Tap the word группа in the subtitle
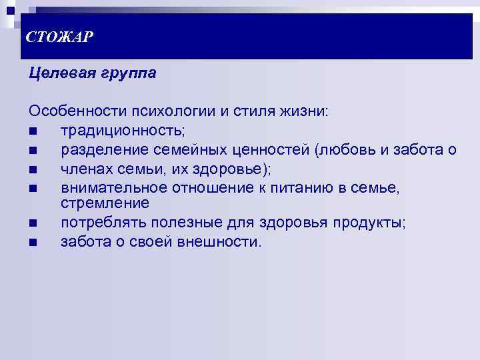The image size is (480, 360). [x=127, y=73]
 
